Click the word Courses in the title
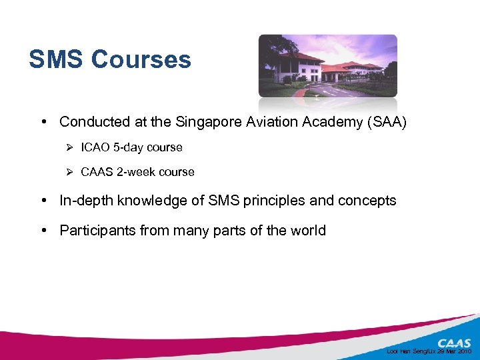(x=141, y=59)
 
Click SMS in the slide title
(x=57, y=59)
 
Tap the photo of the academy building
(x=327, y=66)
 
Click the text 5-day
(x=132, y=147)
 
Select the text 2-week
(x=136, y=172)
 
